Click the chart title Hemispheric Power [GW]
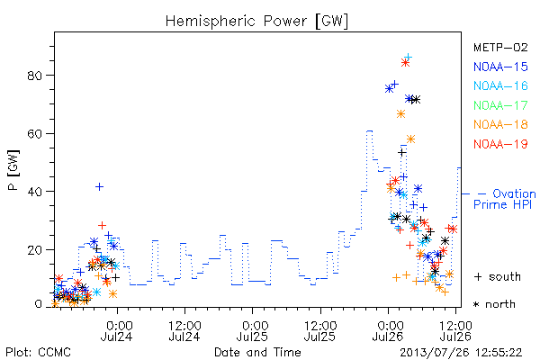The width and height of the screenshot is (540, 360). (x=256, y=21)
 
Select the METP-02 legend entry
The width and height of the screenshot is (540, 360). (x=500, y=47)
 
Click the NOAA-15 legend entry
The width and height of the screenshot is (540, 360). (x=500, y=67)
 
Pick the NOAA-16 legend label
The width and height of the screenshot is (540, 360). (x=500, y=85)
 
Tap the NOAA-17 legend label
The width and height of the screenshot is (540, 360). (x=500, y=105)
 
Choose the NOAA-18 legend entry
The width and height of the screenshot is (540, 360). (x=500, y=124)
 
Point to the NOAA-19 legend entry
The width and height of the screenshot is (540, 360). (x=500, y=144)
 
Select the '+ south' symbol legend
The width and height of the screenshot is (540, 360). (x=498, y=276)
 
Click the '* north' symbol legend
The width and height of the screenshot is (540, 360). (x=494, y=304)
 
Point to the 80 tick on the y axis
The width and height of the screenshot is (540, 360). (x=35, y=76)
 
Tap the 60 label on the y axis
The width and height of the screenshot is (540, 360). (x=35, y=134)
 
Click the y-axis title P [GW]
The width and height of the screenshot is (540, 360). (x=13, y=170)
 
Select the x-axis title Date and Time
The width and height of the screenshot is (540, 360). (x=257, y=352)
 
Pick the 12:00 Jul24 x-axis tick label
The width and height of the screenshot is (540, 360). (x=184, y=331)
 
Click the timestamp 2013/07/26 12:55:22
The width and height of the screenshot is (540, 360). (x=461, y=353)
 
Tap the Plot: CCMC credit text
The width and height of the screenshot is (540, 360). (x=38, y=353)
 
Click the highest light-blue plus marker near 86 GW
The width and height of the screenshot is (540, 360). (x=408, y=57)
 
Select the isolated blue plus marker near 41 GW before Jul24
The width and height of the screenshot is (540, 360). (x=99, y=186)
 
